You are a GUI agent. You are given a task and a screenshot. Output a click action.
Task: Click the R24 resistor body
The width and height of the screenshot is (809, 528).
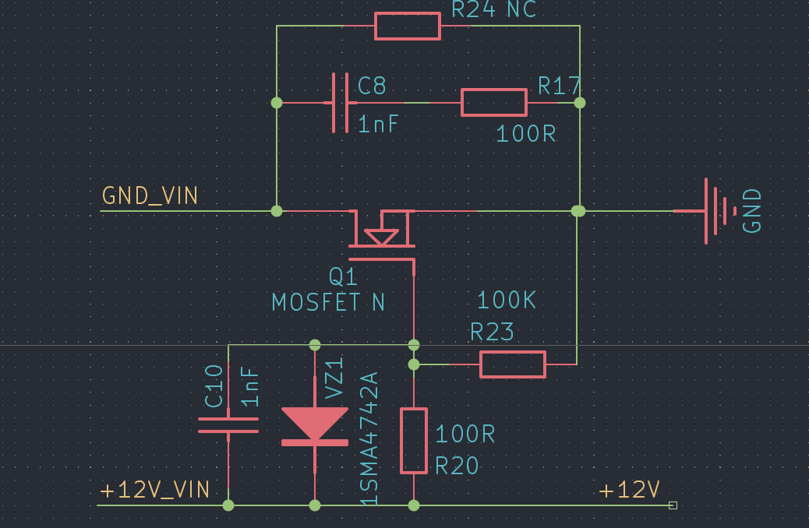(x=408, y=26)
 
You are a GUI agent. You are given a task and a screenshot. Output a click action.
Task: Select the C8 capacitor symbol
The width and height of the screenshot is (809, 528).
(x=340, y=103)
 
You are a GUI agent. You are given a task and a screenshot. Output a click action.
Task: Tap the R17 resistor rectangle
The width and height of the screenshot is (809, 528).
(x=493, y=103)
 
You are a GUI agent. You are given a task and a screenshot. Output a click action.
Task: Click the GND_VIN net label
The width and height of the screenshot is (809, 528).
(x=150, y=195)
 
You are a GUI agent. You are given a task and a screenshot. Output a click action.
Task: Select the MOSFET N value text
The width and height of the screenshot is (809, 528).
(x=328, y=302)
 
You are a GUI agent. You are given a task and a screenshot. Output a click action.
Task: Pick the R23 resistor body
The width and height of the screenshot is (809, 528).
(x=512, y=364)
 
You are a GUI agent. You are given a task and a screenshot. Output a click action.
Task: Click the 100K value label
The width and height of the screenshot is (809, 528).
(x=507, y=301)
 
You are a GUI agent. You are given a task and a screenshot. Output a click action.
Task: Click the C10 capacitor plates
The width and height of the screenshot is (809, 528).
(x=228, y=425)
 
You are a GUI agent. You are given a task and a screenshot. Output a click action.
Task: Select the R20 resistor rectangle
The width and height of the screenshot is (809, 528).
(x=414, y=441)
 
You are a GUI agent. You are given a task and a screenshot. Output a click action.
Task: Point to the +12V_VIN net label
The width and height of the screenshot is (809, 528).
(x=155, y=490)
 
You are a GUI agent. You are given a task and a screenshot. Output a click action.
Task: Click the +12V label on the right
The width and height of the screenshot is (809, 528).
(x=630, y=490)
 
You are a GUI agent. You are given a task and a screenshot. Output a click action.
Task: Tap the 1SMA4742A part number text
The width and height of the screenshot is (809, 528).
(x=369, y=438)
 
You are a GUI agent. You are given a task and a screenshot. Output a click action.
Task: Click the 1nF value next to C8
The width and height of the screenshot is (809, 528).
(x=379, y=125)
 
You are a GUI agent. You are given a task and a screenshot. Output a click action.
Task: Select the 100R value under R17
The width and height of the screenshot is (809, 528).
(x=526, y=134)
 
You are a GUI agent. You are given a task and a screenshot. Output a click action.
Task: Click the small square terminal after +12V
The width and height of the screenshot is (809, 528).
(x=673, y=505)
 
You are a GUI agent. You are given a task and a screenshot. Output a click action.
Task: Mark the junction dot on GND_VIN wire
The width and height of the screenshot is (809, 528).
(x=276, y=210)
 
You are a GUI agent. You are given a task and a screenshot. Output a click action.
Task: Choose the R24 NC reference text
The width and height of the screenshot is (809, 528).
(x=494, y=9)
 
